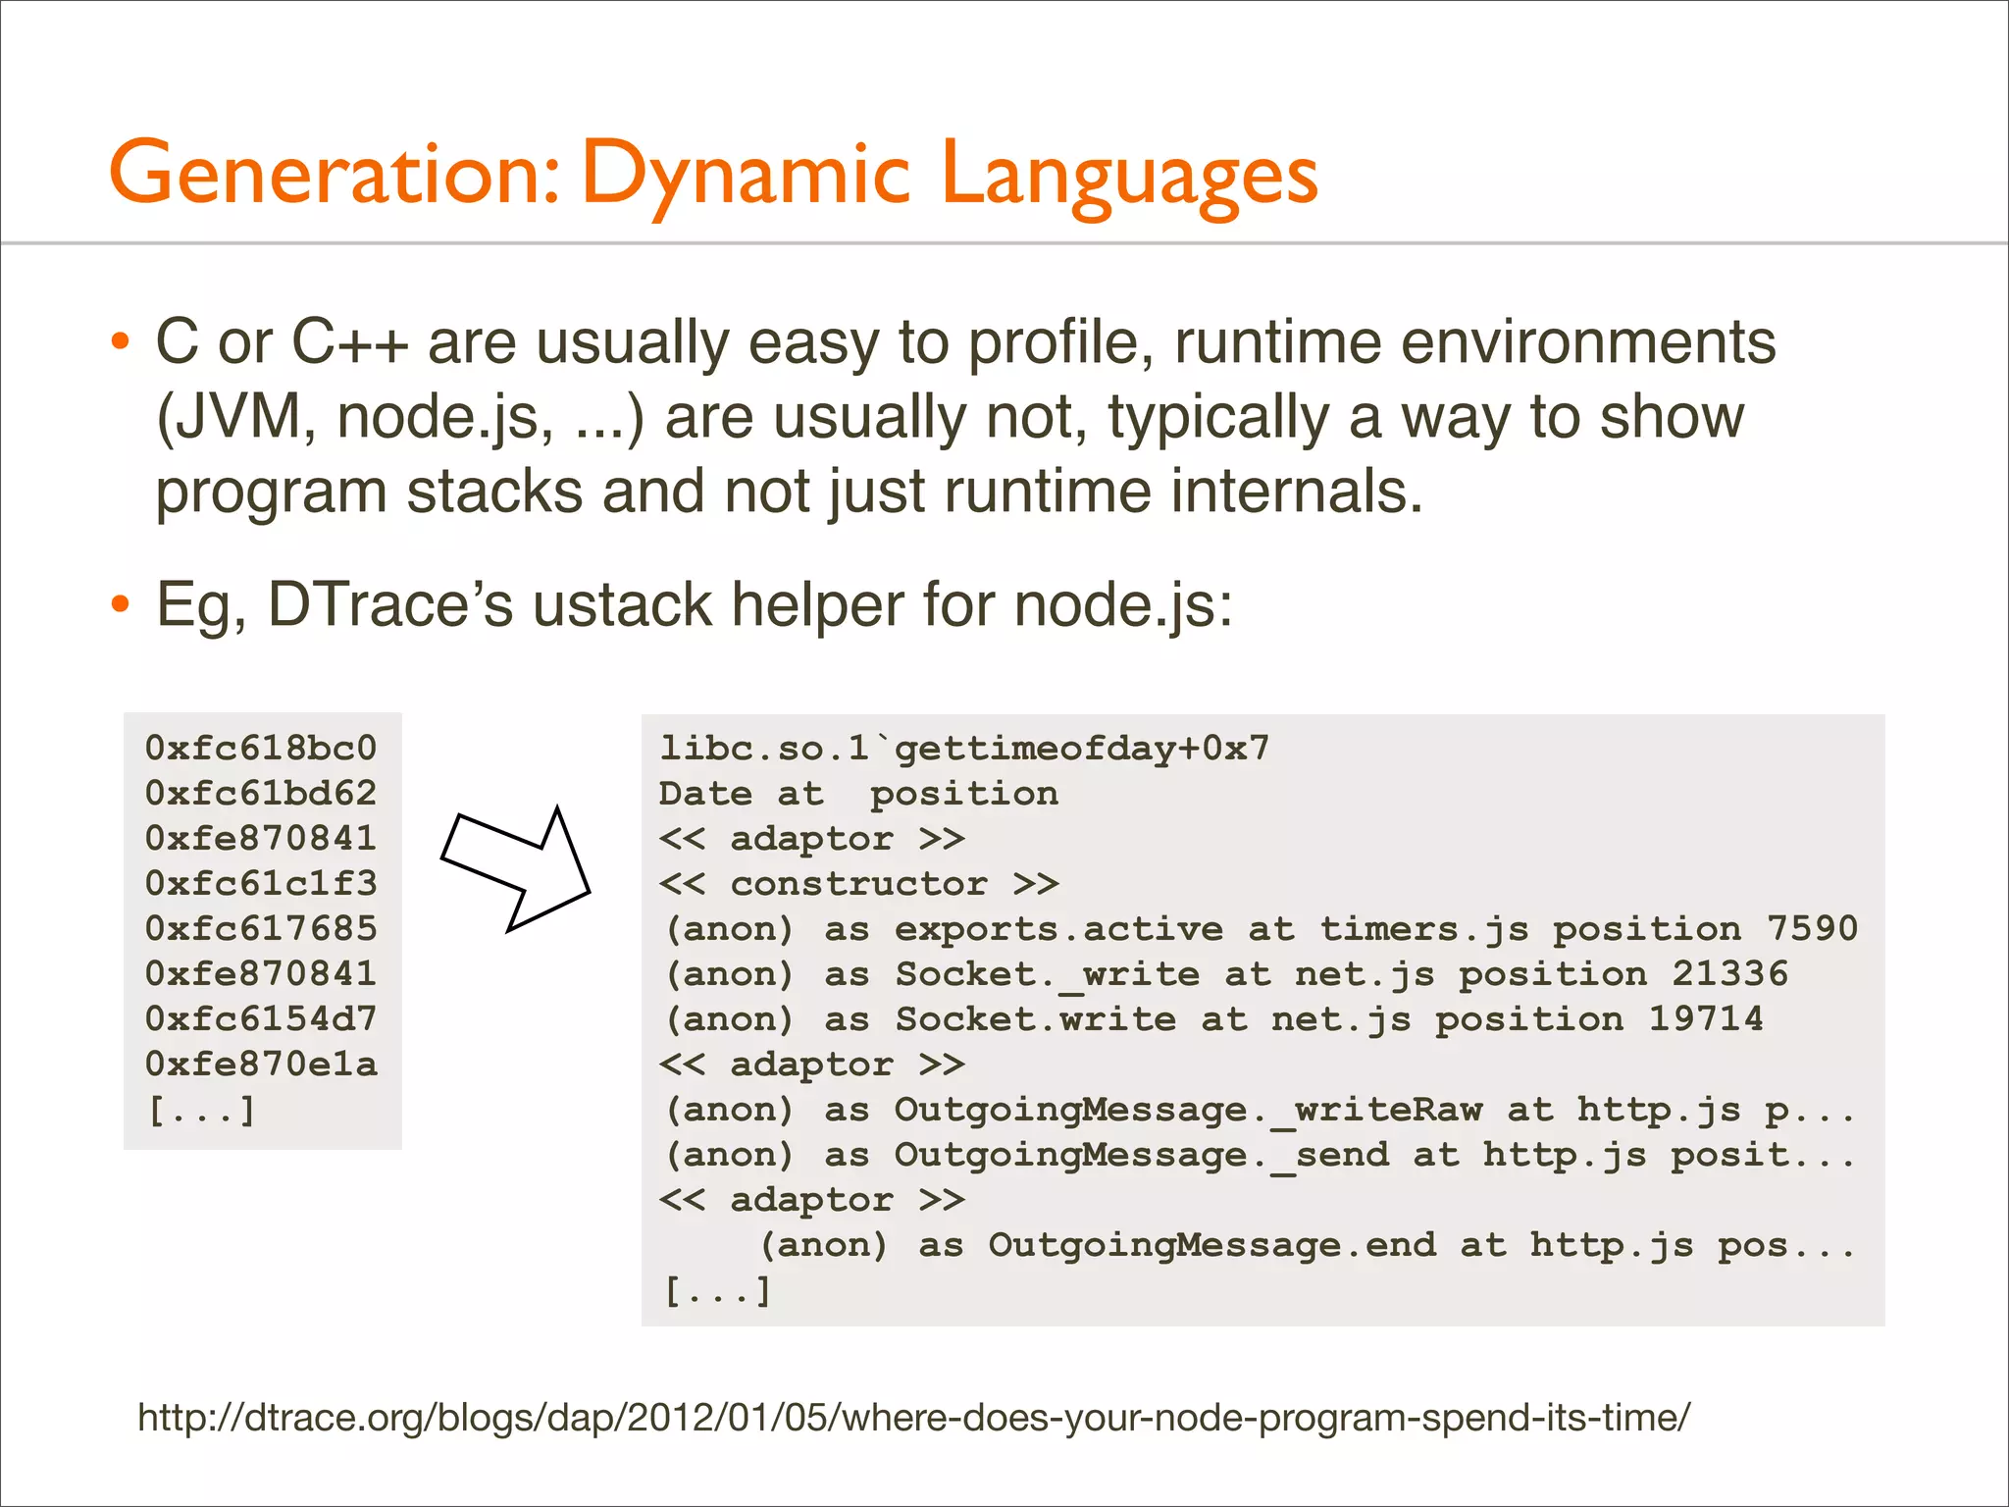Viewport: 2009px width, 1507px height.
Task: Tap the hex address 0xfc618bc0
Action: point(261,749)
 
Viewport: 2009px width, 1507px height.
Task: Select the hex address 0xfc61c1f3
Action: point(261,884)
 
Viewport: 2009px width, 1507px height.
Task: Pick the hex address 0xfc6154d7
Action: point(261,1019)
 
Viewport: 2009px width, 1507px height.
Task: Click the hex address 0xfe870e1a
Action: point(261,1065)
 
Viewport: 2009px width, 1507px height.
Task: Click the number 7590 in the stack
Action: point(1812,929)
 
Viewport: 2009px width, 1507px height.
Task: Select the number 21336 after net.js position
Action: point(1729,974)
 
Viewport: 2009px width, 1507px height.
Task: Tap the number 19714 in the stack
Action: point(1705,1019)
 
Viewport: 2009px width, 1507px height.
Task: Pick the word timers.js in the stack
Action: point(1423,929)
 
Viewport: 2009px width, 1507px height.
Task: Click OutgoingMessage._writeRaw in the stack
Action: point(1187,1110)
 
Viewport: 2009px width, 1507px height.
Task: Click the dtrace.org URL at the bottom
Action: point(913,1418)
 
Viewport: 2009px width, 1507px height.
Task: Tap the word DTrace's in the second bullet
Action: point(389,604)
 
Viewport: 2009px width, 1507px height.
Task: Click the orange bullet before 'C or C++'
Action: point(120,343)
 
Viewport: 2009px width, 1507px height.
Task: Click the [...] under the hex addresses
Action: point(201,1110)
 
